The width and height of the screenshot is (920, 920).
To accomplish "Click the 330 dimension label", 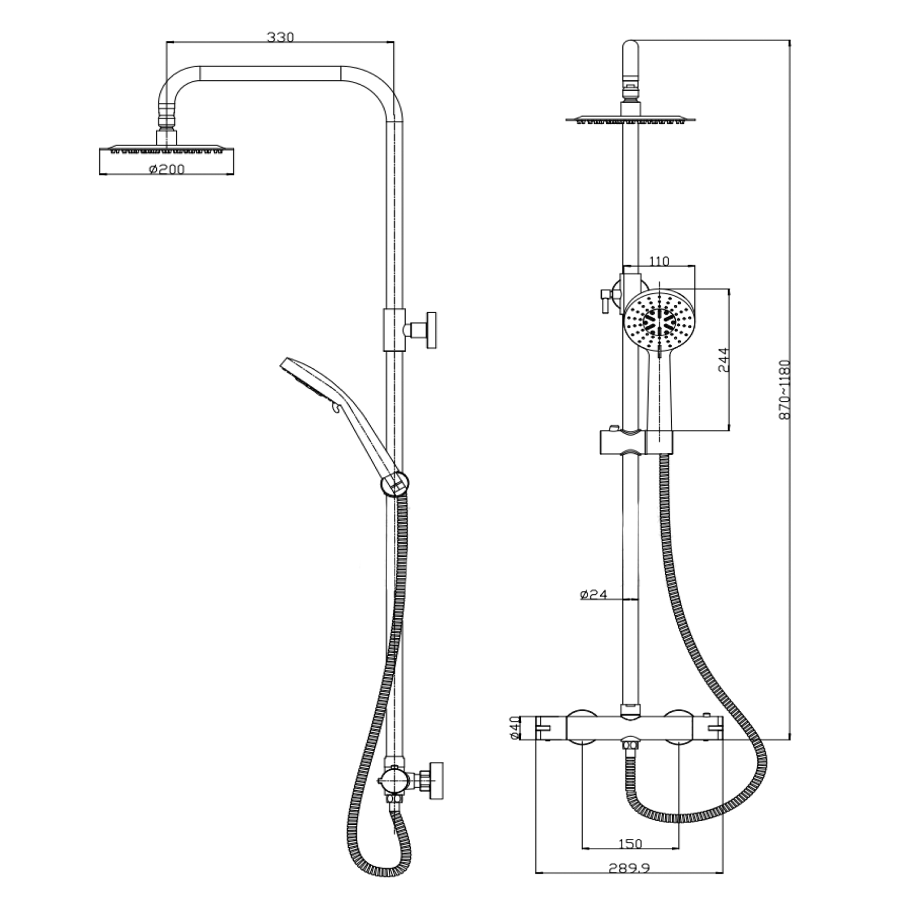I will point(280,37).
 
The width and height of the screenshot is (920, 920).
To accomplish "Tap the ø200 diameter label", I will point(166,169).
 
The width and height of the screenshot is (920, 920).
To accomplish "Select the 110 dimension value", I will point(659,261).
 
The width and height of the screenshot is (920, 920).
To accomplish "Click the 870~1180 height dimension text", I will point(784,389).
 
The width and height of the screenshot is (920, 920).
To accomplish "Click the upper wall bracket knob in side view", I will point(431,330).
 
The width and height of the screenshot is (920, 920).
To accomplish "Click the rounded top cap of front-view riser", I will point(630,52).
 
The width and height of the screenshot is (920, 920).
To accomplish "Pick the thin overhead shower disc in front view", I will point(630,118).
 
